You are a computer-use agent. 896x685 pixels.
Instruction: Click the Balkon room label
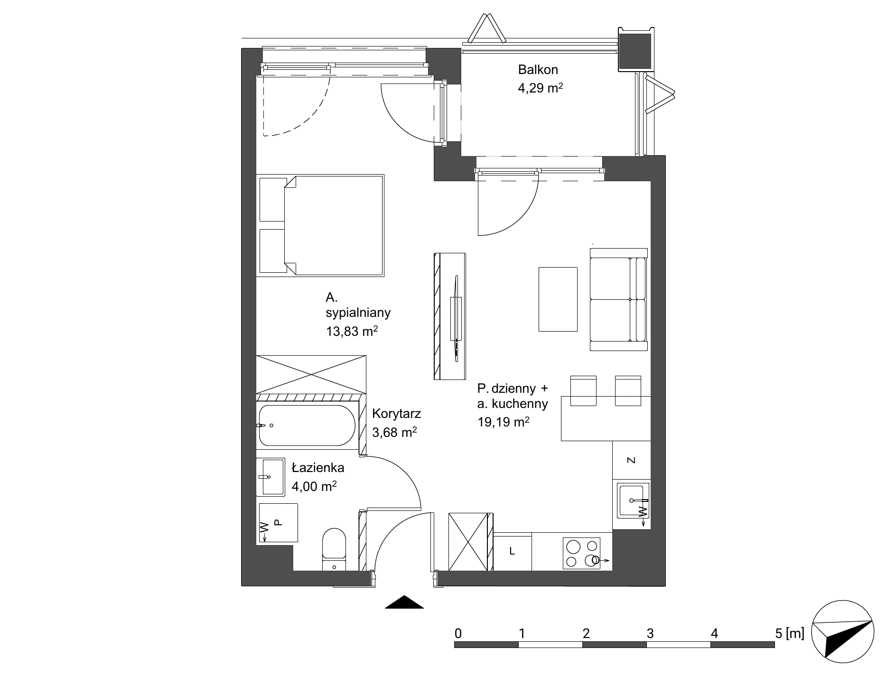coord(538,70)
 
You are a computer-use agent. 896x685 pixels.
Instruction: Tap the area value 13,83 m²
coord(352,331)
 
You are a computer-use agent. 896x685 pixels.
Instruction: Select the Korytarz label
coord(396,414)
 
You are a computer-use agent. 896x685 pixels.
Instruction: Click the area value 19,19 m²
coord(504,422)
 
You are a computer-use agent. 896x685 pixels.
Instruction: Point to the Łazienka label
coord(318,468)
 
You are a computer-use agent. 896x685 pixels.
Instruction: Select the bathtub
coord(306,426)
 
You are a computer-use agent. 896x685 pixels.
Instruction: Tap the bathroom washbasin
coord(271,477)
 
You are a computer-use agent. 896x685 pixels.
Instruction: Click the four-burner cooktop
coord(581,553)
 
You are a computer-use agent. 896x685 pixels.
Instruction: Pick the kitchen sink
coord(633,500)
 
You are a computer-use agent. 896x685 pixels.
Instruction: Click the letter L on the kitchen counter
coord(512,551)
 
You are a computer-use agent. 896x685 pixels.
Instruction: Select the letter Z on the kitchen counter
coord(631,460)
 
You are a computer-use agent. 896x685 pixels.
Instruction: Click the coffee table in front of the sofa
coord(558,299)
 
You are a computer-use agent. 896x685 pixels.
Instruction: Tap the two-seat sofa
coord(619,299)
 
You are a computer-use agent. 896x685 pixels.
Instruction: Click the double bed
coord(320,225)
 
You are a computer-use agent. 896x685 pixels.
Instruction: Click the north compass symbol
coord(843,632)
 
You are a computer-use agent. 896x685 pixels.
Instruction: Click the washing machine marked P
coord(278,522)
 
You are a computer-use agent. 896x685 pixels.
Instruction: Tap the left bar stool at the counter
coord(583,391)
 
